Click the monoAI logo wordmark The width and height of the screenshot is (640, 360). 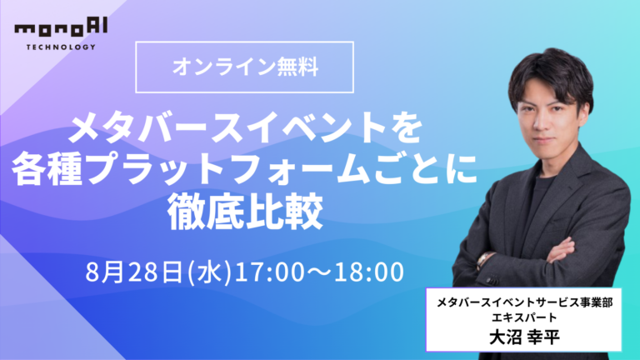click(x=54, y=30)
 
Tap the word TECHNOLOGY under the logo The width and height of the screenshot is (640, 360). click(x=54, y=47)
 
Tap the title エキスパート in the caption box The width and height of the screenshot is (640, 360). click(x=524, y=320)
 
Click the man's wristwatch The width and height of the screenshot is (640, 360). click(x=485, y=259)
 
